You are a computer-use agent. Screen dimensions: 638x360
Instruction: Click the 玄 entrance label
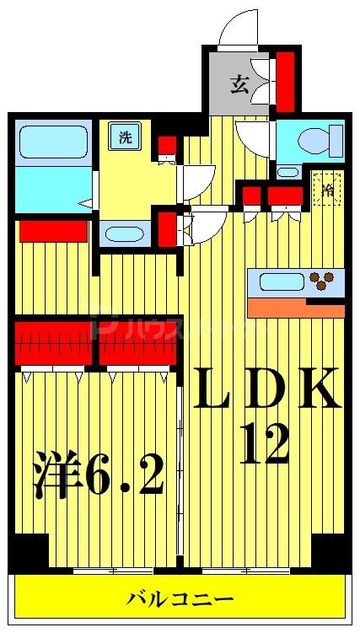(x=240, y=83)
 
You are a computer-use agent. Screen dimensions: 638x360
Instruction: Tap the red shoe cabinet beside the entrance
(x=286, y=82)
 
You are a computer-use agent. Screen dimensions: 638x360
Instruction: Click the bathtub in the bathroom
(x=53, y=139)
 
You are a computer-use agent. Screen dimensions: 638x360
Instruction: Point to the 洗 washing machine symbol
(x=126, y=138)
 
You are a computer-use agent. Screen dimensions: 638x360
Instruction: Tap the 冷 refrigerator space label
(x=328, y=189)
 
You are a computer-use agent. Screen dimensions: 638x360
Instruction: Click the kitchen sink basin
(x=281, y=281)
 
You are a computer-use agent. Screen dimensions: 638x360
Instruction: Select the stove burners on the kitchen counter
(x=321, y=281)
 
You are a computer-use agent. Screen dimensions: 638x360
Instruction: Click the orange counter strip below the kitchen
(x=296, y=309)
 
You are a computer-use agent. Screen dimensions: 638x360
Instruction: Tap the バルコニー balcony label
(x=180, y=599)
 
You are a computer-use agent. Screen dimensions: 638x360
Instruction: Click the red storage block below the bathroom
(x=53, y=230)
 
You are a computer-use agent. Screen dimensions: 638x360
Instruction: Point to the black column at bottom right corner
(x=330, y=551)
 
